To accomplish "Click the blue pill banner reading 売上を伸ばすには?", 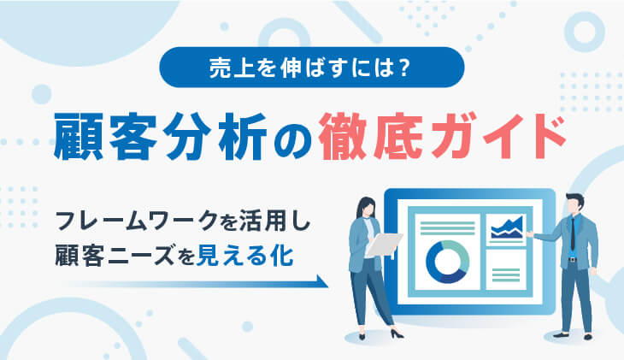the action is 312,67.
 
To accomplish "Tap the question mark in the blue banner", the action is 404,68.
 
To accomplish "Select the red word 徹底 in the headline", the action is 370,137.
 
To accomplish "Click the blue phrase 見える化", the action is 245,256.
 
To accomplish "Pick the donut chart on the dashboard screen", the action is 447,262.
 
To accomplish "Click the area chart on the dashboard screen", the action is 507,228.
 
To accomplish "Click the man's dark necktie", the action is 573,233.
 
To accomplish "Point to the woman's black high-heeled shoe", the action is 397,333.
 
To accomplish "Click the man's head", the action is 575,204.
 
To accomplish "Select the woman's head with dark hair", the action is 366,208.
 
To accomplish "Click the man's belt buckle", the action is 572,260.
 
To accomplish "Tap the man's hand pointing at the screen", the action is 530,234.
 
